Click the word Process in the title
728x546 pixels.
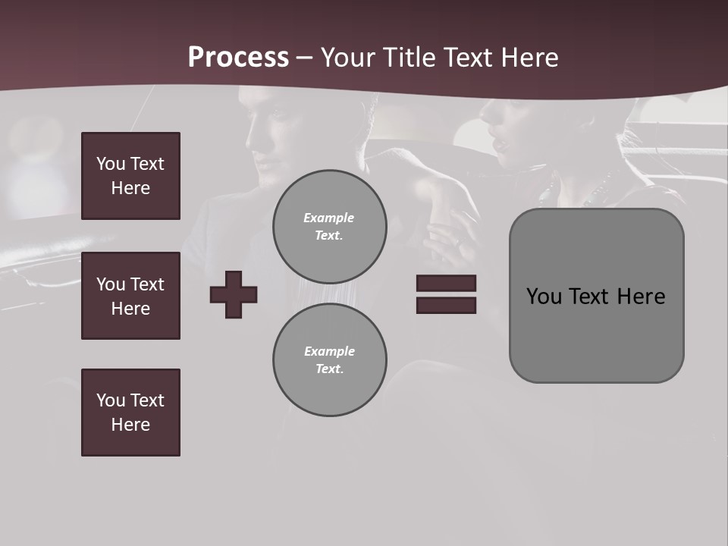tap(238, 57)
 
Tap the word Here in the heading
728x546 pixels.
tap(531, 57)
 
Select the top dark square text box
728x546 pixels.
tap(130, 176)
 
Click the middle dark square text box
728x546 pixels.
tap(130, 296)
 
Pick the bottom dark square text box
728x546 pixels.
tap(130, 413)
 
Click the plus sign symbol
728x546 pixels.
tap(234, 294)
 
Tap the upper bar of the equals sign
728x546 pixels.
tap(446, 283)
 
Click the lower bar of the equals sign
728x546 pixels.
tap(446, 305)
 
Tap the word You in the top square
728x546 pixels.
tap(110, 164)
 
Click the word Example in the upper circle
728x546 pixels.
tap(328, 218)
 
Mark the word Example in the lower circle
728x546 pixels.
tap(328, 351)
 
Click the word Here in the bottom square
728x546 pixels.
tap(130, 425)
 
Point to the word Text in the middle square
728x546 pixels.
tap(146, 284)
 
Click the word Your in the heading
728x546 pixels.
tap(348, 57)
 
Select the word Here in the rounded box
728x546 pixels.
tap(641, 297)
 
